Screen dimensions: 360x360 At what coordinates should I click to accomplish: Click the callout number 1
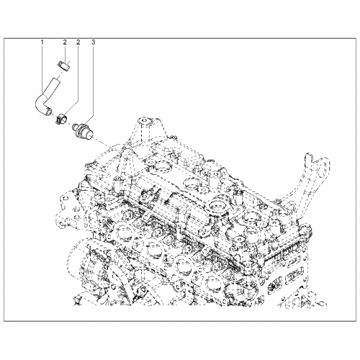tap(42, 42)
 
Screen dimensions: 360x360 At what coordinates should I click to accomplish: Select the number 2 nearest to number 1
tap(65, 42)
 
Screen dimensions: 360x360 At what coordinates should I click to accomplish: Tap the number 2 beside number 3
tap(78, 42)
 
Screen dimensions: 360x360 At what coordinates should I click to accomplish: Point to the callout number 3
tap(93, 42)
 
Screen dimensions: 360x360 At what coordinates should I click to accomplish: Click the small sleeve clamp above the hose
tap(63, 66)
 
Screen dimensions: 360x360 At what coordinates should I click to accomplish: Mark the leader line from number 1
tap(42, 70)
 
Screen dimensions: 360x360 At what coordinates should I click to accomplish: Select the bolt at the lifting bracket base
tap(278, 200)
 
